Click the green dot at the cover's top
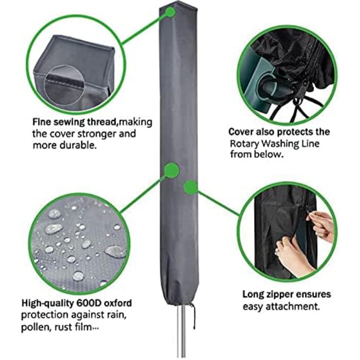[x=170, y=12]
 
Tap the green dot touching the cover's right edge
[x=191, y=187]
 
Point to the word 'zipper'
[x=276, y=295]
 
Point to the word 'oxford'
[x=118, y=303]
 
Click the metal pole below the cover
[x=181, y=332]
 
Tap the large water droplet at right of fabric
[x=115, y=251]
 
